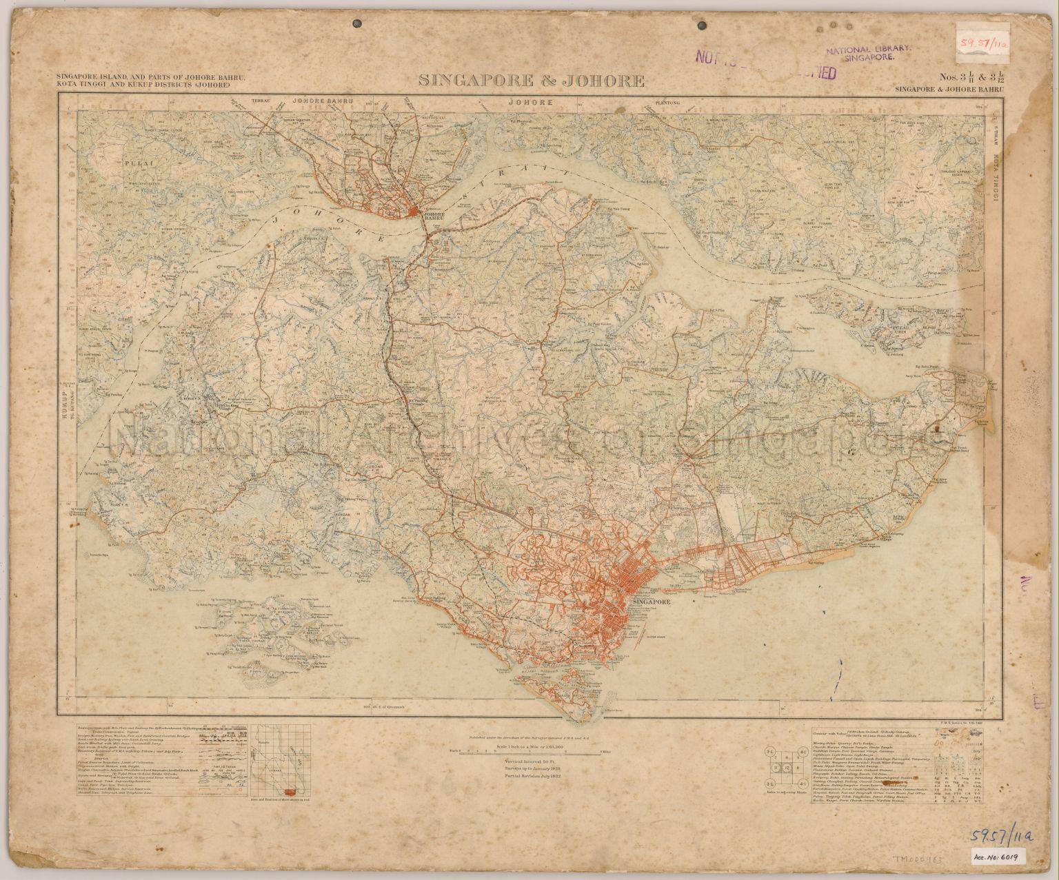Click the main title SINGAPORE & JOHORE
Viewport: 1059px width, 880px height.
tap(532, 81)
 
